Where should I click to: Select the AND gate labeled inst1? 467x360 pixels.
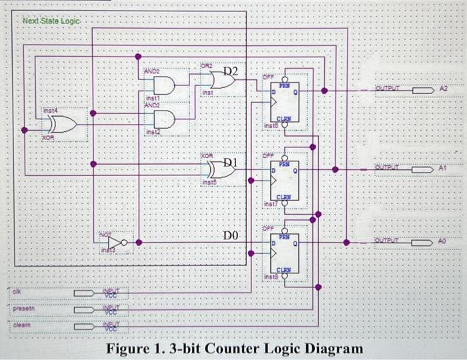coord(164,85)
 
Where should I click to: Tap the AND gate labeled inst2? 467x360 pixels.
coord(164,121)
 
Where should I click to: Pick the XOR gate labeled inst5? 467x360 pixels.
coord(222,170)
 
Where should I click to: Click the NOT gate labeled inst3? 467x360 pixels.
coord(117,242)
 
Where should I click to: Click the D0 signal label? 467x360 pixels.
coord(231,234)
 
